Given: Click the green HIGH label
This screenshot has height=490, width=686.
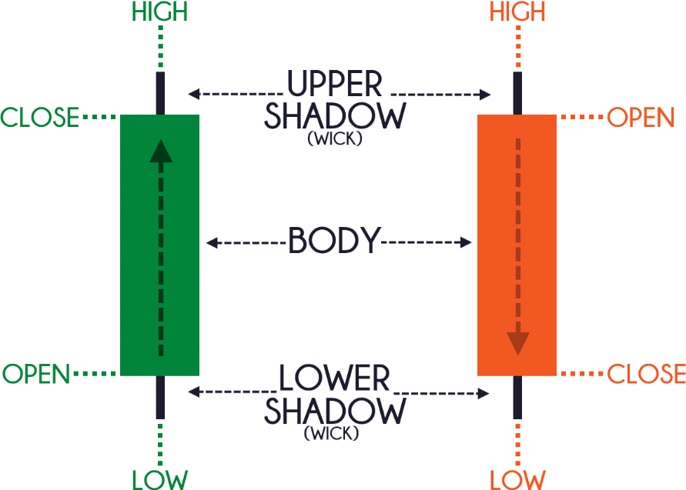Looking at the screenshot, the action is [159, 12].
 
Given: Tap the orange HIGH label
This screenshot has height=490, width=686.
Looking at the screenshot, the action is [517, 12].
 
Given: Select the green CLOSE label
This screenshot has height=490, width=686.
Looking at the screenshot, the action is [40, 117].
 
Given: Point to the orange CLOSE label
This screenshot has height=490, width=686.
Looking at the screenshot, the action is [646, 373].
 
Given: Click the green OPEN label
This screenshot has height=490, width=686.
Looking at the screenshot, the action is [36, 374].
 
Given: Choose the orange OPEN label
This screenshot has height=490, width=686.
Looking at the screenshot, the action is [641, 117].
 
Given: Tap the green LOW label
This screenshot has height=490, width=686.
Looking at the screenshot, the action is [160, 479].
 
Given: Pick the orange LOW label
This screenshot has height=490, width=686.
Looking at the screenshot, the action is [517, 479].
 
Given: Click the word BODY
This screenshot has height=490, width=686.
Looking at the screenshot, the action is [335, 241].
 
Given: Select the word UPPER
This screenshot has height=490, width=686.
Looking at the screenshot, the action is [335, 83].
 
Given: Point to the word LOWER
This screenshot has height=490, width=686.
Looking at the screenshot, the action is [334, 378].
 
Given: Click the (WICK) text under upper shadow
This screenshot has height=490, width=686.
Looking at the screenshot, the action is [335, 138].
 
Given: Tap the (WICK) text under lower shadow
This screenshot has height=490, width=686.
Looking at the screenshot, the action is [332, 433].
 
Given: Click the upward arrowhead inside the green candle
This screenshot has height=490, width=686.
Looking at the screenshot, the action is [161, 152].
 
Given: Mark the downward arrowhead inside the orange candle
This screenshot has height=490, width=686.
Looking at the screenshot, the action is [518, 343].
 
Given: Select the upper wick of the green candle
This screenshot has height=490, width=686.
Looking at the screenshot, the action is [161, 93].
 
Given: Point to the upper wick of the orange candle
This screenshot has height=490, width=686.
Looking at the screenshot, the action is [517, 93].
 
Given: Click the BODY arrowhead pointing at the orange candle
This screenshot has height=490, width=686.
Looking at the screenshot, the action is [466, 242].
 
